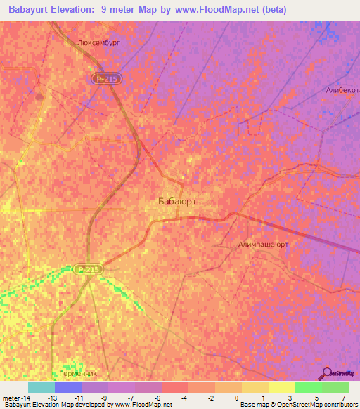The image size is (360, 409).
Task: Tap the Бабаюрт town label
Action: [177, 202]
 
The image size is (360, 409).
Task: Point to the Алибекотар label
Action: [342, 90]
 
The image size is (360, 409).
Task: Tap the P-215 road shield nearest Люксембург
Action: [108, 80]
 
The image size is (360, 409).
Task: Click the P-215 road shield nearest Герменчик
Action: [89, 268]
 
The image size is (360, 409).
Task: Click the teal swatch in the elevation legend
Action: [41, 387]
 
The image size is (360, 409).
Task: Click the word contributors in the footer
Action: [340, 405]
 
